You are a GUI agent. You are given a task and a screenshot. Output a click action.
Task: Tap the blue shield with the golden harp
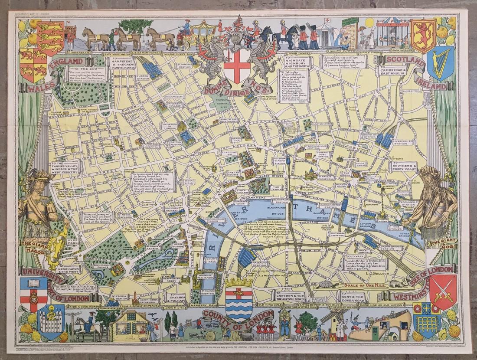click(x=440, y=63)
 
